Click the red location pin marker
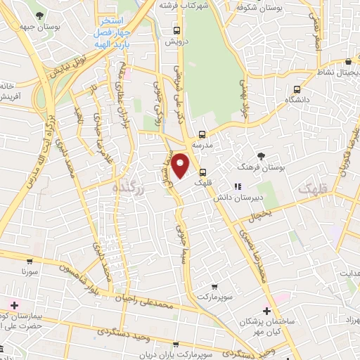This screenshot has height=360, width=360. (x=181, y=166)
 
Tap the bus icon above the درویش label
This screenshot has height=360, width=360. (x=176, y=30)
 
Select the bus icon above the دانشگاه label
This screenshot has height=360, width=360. (x=297, y=90)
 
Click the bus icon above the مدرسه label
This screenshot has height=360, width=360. (x=202, y=134)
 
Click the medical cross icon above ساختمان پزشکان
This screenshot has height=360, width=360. (x=266, y=310)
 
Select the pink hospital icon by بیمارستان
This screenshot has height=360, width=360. (x=13, y=304)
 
